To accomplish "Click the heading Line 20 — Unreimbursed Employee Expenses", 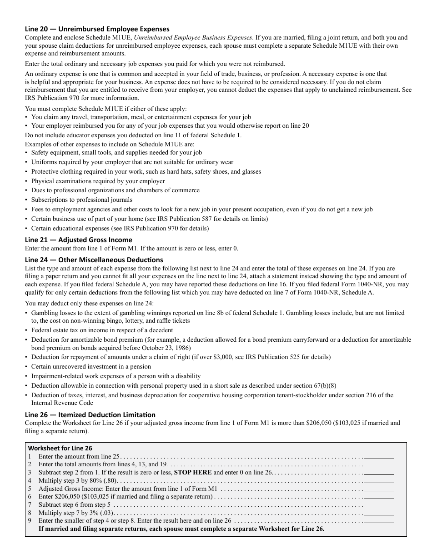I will (x=97, y=29).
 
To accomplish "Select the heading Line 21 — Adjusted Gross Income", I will (x=78, y=240).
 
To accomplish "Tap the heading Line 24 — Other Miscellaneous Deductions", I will (x=94, y=260).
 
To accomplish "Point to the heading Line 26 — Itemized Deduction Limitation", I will (x=90, y=415).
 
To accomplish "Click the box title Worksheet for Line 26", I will (x=60, y=448).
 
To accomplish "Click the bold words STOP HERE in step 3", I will (x=193, y=473).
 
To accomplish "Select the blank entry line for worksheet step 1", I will (x=378, y=456).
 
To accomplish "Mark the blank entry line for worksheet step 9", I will (x=378, y=521).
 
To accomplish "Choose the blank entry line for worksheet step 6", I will (x=378, y=497).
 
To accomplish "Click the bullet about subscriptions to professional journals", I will (x=82, y=200).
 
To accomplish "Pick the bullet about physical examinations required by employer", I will (x=98, y=181).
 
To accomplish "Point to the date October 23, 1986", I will (x=164, y=348).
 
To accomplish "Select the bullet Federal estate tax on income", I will (x=102, y=330).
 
